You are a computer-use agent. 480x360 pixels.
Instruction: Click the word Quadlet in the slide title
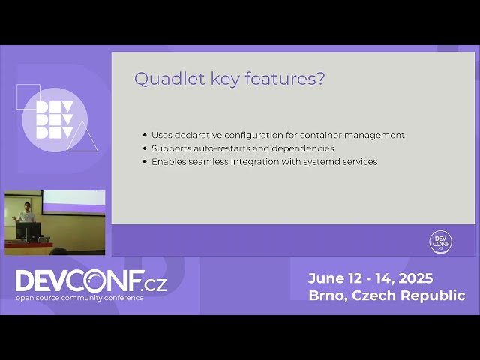point(159,79)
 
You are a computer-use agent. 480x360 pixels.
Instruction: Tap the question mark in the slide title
point(320,79)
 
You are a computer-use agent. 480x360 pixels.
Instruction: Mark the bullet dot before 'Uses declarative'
point(145,136)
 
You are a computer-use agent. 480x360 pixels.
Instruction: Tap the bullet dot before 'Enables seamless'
point(145,162)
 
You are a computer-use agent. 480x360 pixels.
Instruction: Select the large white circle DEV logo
point(54,120)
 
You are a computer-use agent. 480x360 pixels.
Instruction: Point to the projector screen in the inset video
point(73,199)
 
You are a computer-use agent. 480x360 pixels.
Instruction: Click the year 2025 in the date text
point(415,278)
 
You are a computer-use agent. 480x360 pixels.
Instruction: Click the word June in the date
point(326,278)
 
